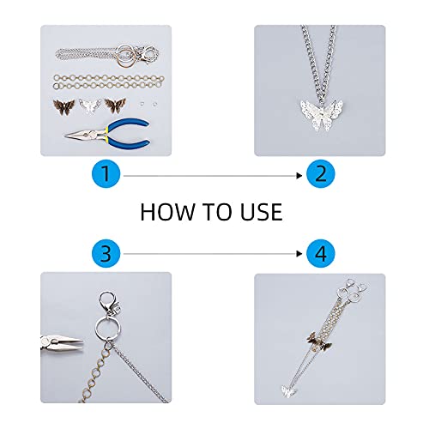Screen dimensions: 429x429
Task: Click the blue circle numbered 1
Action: point(106,173)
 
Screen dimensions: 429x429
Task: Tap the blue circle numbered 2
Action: point(320,173)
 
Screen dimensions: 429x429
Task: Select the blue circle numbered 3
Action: point(106,253)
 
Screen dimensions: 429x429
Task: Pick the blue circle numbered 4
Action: point(320,253)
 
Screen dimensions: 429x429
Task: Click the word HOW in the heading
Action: point(166,212)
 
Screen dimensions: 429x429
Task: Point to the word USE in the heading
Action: point(262,212)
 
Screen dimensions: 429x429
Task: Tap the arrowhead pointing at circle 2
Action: point(299,176)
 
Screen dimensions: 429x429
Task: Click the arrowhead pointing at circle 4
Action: point(299,254)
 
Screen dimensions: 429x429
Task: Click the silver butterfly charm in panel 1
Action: point(90,106)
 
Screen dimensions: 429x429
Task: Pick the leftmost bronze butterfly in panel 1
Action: point(63,106)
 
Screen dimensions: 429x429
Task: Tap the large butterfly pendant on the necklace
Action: point(322,114)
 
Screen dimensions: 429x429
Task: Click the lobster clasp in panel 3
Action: point(108,303)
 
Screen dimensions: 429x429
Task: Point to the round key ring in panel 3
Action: point(108,328)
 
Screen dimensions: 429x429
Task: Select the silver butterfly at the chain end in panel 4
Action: point(288,391)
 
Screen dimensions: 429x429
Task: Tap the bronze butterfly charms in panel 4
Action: point(319,341)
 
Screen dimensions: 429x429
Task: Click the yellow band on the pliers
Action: point(106,135)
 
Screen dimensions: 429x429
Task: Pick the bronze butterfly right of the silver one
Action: point(115,106)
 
